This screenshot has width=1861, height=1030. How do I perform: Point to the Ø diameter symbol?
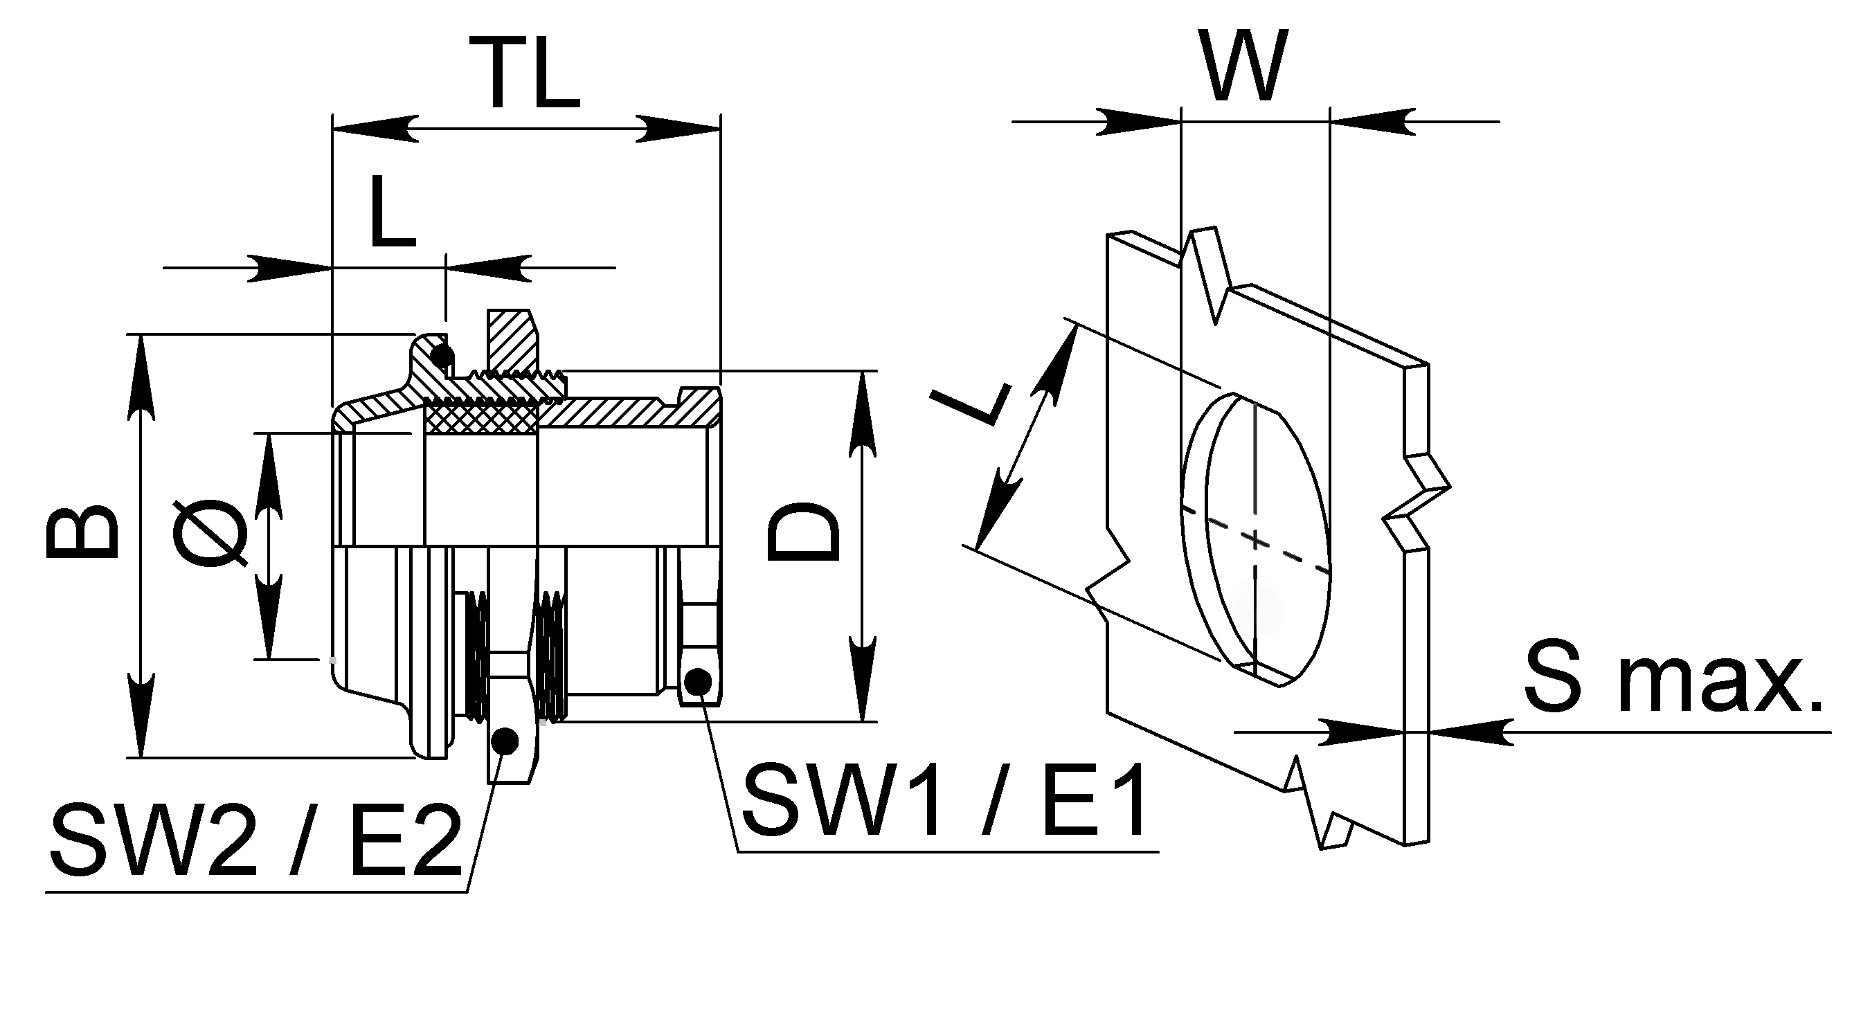coord(210,533)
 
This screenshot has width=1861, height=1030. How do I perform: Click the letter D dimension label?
coord(804,532)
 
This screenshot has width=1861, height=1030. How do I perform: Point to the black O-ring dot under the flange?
coord(442,355)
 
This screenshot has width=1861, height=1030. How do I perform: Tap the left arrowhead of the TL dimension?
coord(375,129)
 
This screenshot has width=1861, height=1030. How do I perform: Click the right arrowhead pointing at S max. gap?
coord(1470,732)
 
